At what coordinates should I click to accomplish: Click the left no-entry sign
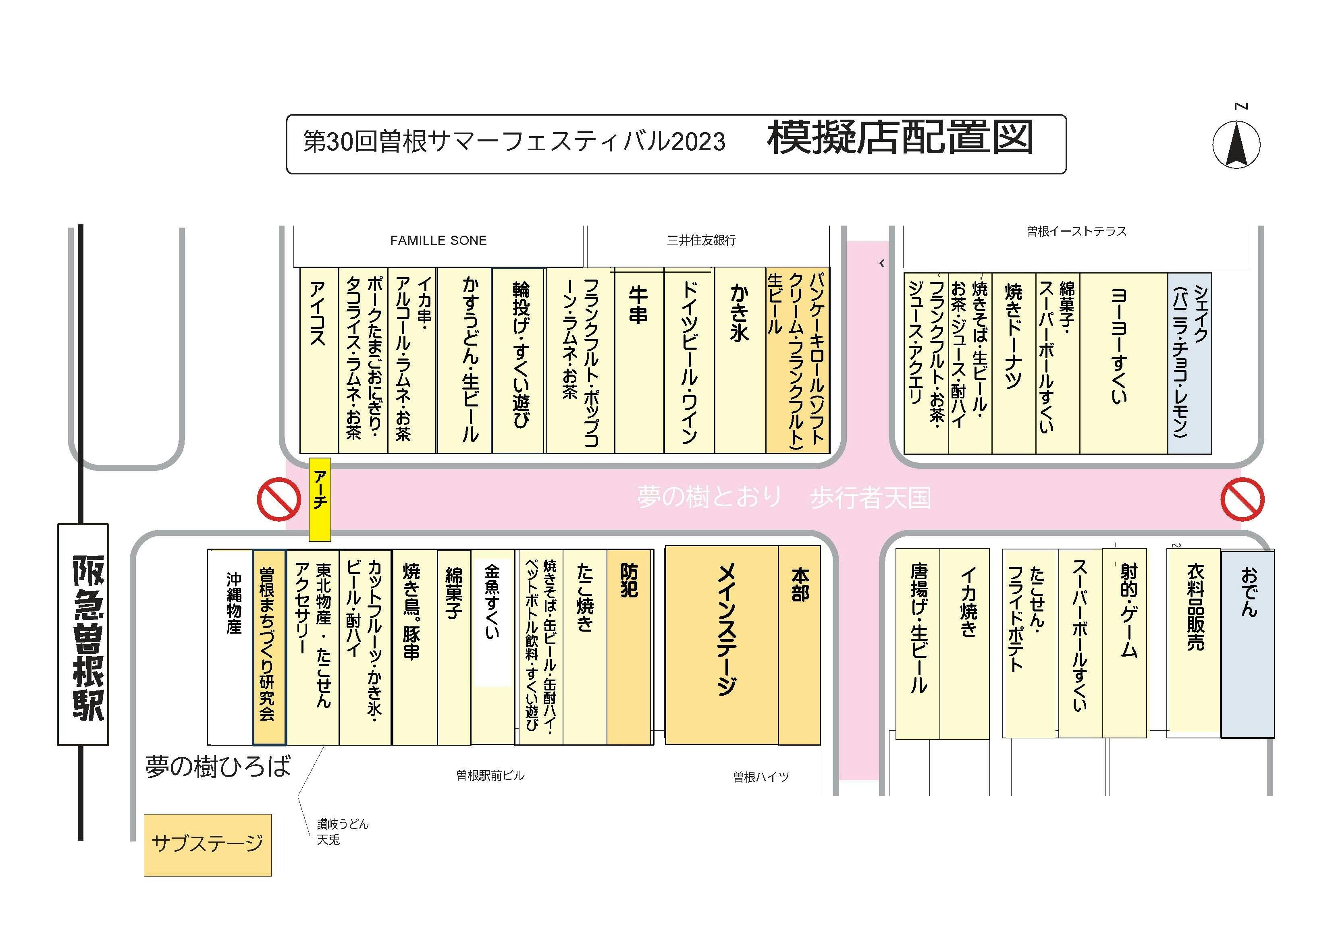pos(279,499)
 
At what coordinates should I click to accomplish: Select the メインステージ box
pos(722,645)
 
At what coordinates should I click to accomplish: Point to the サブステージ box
pos(208,845)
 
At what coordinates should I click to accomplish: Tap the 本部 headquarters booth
pos(800,645)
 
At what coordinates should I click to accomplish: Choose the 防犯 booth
pos(629,647)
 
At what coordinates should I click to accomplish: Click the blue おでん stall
pos(1247,644)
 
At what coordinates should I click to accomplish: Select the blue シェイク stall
pos(1189,363)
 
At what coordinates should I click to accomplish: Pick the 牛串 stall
pos(639,361)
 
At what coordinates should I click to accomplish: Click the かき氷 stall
pos(740,361)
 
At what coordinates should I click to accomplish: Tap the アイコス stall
pos(319,361)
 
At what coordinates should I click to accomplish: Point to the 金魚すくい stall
pos(492,647)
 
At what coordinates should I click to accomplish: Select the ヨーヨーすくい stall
pos(1124,363)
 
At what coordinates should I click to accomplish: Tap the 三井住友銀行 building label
pos(701,240)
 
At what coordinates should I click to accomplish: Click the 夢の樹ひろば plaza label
pos(218,767)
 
